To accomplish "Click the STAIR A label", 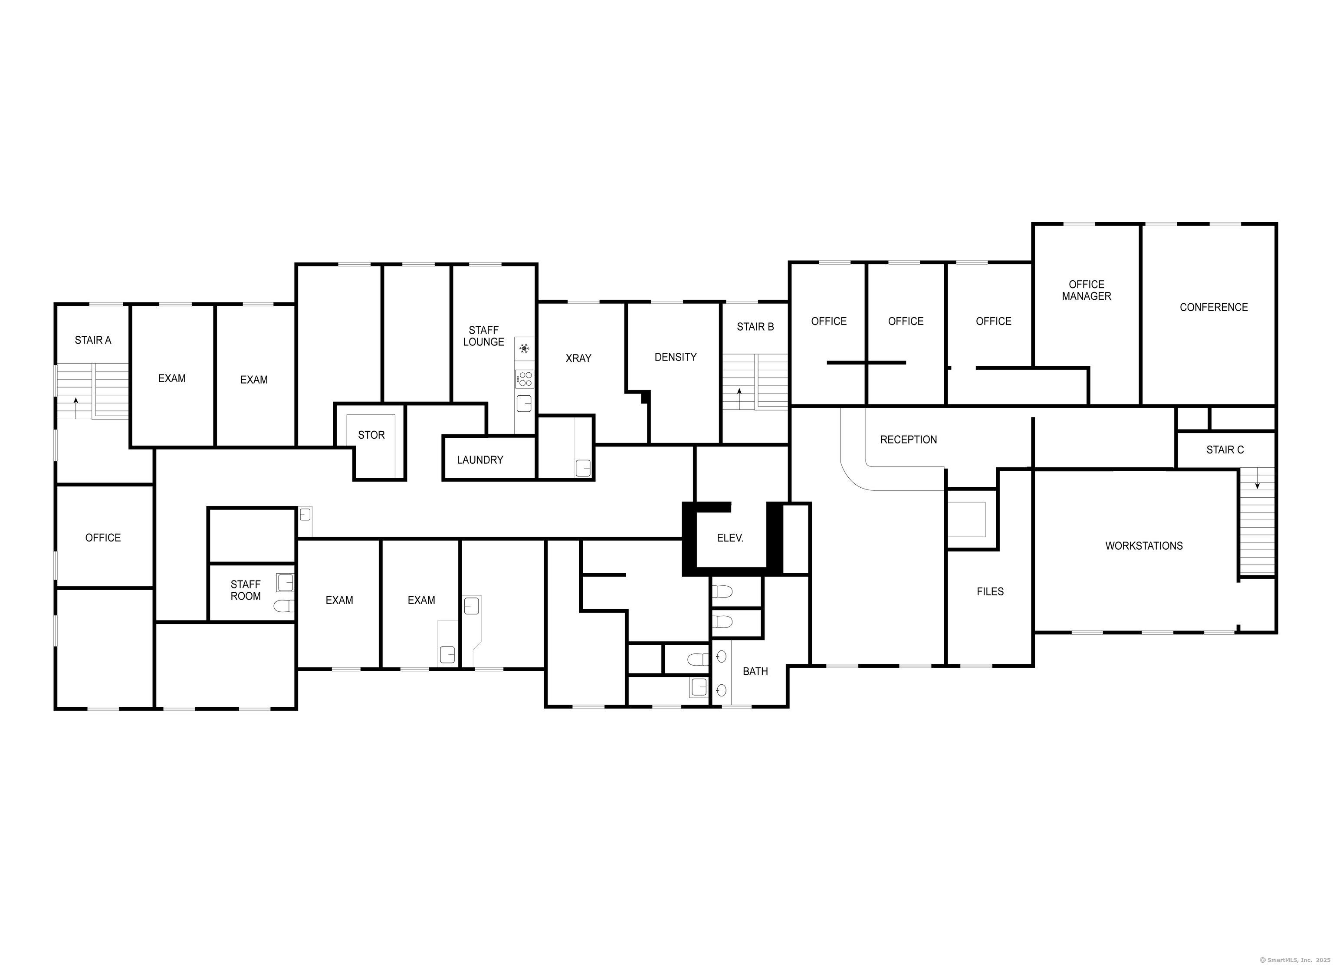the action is (x=93, y=340).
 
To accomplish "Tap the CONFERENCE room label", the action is (x=1214, y=307).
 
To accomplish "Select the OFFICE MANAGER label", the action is (x=1086, y=290).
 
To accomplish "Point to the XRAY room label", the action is (x=578, y=358).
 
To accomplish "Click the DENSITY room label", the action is (x=675, y=358).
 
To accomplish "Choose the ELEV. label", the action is (x=730, y=538).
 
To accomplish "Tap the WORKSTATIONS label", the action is (x=1144, y=546).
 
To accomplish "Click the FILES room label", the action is (x=990, y=592).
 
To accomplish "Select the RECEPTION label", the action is (x=908, y=440).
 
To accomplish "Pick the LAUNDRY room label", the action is (x=480, y=460).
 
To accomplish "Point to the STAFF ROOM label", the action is (x=246, y=591).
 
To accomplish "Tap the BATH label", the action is (x=755, y=672).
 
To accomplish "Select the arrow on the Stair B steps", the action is (x=739, y=398).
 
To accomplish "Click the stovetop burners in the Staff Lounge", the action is (x=524, y=379).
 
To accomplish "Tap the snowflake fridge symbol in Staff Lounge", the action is (x=524, y=348).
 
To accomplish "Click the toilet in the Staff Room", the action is (x=284, y=606).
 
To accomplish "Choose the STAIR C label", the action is (x=1225, y=450).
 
